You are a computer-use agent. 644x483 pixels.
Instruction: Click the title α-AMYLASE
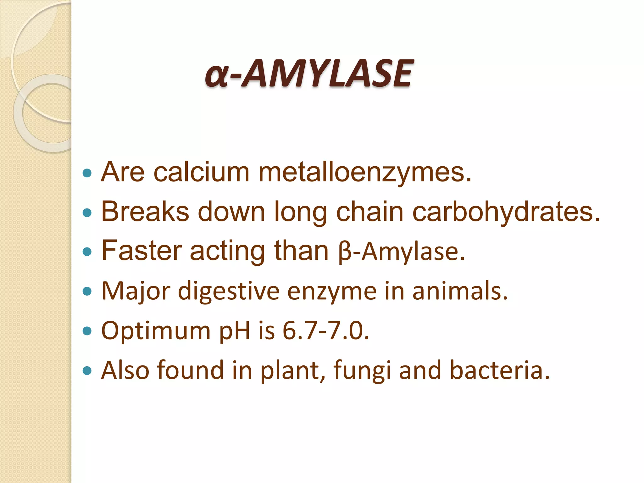coord(308,74)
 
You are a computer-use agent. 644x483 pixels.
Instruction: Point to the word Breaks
coord(145,212)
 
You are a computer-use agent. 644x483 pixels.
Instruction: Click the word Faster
coord(142,251)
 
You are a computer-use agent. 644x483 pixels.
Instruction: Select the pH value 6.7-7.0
coord(325,331)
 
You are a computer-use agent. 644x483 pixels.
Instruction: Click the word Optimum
coord(156,331)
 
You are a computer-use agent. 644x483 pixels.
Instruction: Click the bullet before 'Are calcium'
coord(87,173)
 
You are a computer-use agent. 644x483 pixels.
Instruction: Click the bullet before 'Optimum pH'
coord(87,331)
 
